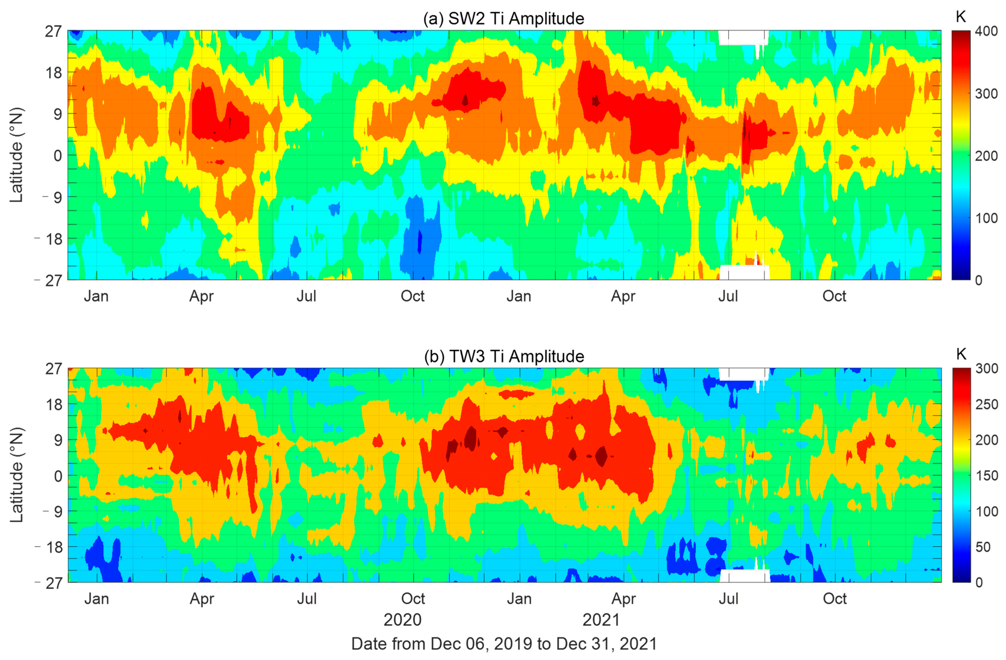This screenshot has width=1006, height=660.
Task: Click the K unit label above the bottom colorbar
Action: [x=961, y=354]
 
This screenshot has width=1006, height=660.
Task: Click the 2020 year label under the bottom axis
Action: [x=402, y=620]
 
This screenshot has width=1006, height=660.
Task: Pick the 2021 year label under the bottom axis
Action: [x=601, y=620]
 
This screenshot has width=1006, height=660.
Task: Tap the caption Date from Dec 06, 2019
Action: [x=504, y=644]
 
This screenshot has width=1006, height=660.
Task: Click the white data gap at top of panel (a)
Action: [x=743, y=37]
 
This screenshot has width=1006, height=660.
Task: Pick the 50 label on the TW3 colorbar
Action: [x=983, y=547]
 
